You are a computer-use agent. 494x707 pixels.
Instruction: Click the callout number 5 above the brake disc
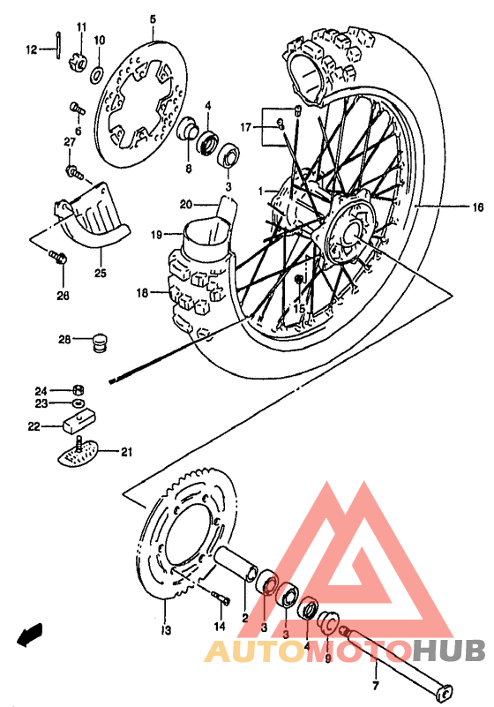(152, 19)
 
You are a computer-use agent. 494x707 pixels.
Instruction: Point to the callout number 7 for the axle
(374, 686)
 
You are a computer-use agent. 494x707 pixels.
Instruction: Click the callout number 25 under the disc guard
(100, 274)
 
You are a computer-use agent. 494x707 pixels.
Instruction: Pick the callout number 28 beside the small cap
(65, 339)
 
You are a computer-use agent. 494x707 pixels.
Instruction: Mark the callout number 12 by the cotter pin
(31, 50)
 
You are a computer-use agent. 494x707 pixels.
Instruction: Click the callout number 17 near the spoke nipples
(245, 127)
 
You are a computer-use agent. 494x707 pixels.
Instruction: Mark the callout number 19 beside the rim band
(156, 236)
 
